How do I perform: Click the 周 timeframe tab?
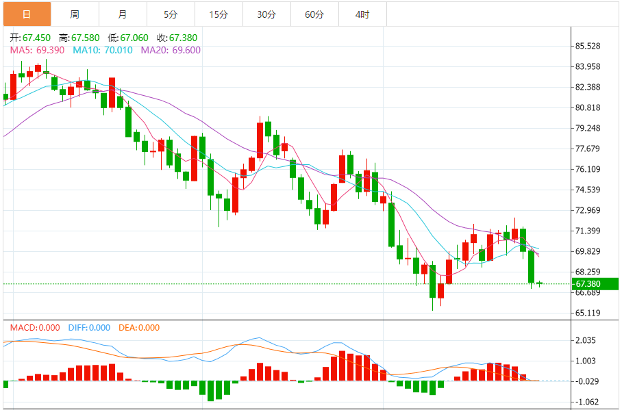tap(75, 14)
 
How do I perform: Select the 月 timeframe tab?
tap(123, 14)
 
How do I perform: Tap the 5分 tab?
tap(171, 14)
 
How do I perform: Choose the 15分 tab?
tap(219, 14)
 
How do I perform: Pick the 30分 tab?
tap(266, 14)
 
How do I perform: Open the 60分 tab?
tap(314, 14)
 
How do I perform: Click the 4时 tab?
tap(362, 14)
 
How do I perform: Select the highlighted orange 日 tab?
tap(27, 14)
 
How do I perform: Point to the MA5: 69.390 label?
tap(38, 50)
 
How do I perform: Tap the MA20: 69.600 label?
tap(171, 50)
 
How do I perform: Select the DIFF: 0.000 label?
tap(89, 328)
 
